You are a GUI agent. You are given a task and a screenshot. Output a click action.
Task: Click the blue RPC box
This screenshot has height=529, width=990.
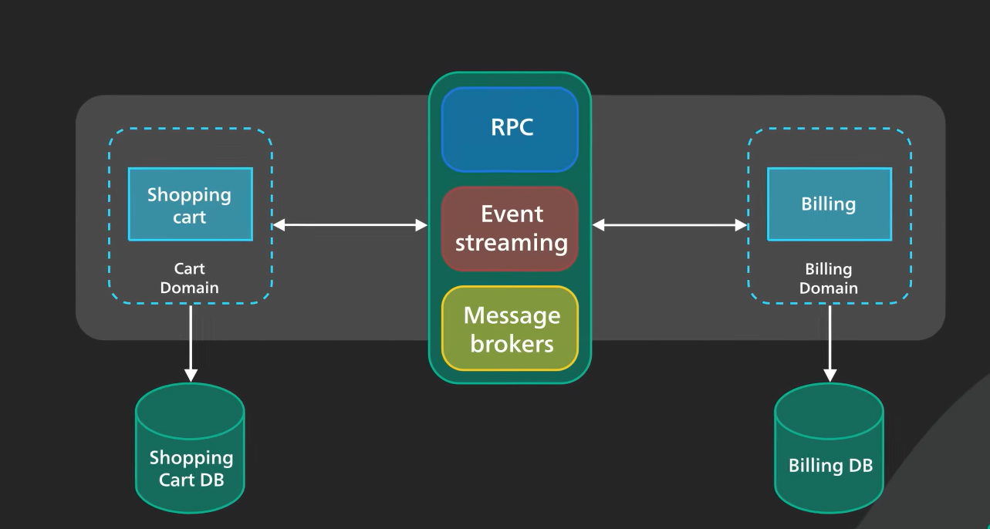pyautogui.click(x=510, y=128)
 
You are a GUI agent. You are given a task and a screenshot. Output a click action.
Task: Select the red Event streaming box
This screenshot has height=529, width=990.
pyautogui.click(x=510, y=228)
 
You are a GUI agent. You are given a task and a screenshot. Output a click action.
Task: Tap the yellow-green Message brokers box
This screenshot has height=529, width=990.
pyautogui.click(x=510, y=329)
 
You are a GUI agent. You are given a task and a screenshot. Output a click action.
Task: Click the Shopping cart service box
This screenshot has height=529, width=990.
pyautogui.click(x=190, y=204)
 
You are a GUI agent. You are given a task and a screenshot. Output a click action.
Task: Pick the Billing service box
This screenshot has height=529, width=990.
pyautogui.click(x=829, y=204)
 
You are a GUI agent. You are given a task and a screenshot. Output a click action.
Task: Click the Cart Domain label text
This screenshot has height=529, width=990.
pyautogui.click(x=190, y=278)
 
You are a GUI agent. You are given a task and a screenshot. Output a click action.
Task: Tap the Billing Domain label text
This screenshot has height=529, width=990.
pyautogui.click(x=829, y=278)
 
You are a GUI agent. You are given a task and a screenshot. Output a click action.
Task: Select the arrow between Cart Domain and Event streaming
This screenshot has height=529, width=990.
pyautogui.click(x=350, y=225)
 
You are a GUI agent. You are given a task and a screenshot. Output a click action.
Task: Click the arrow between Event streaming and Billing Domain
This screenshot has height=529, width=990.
pyautogui.click(x=670, y=225)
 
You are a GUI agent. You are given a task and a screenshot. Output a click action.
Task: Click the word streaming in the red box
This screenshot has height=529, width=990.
pyautogui.click(x=512, y=243)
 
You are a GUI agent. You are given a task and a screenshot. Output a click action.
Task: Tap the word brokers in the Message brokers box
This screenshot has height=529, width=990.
pyautogui.click(x=512, y=342)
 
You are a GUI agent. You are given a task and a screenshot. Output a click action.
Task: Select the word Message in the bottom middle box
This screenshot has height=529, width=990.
pyautogui.click(x=512, y=315)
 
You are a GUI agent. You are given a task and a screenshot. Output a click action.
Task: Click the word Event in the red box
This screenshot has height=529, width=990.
pyautogui.click(x=512, y=214)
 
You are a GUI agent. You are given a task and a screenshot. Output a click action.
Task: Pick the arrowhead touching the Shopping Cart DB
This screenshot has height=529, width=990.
pyautogui.click(x=191, y=376)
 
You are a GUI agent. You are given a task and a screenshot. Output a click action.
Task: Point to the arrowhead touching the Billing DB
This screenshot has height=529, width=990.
pyautogui.click(x=830, y=376)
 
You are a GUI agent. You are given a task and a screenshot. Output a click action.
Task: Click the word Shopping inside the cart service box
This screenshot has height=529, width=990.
pyautogui.click(x=190, y=194)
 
